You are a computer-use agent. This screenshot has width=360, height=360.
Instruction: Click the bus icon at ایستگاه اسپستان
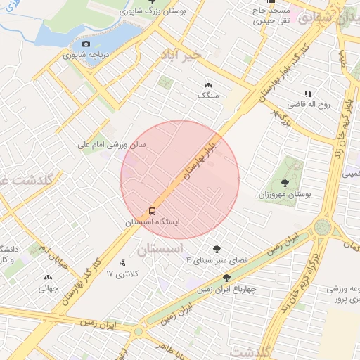point(152,211)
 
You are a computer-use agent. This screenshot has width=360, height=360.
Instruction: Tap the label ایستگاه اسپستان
point(153,221)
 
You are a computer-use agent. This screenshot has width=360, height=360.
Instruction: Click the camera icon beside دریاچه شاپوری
point(86,44)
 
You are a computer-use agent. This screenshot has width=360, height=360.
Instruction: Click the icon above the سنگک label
point(208,85)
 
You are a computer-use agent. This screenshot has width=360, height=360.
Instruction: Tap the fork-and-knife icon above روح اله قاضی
point(307,94)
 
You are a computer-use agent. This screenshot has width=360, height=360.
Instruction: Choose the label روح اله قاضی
point(314,104)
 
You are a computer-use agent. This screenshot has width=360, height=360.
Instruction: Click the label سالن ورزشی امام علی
point(111,144)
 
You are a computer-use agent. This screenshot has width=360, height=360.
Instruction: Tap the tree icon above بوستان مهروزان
point(295,166)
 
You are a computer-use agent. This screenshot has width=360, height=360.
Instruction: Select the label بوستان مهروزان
point(285,193)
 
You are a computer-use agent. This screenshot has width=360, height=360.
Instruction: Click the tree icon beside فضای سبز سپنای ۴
point(217,248)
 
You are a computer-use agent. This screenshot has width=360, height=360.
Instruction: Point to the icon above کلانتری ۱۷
point(124,262)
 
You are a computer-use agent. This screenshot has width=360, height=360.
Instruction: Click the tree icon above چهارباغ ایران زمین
point(226,278)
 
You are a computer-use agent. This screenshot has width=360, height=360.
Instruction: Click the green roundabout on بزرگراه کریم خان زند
point(323,227)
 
